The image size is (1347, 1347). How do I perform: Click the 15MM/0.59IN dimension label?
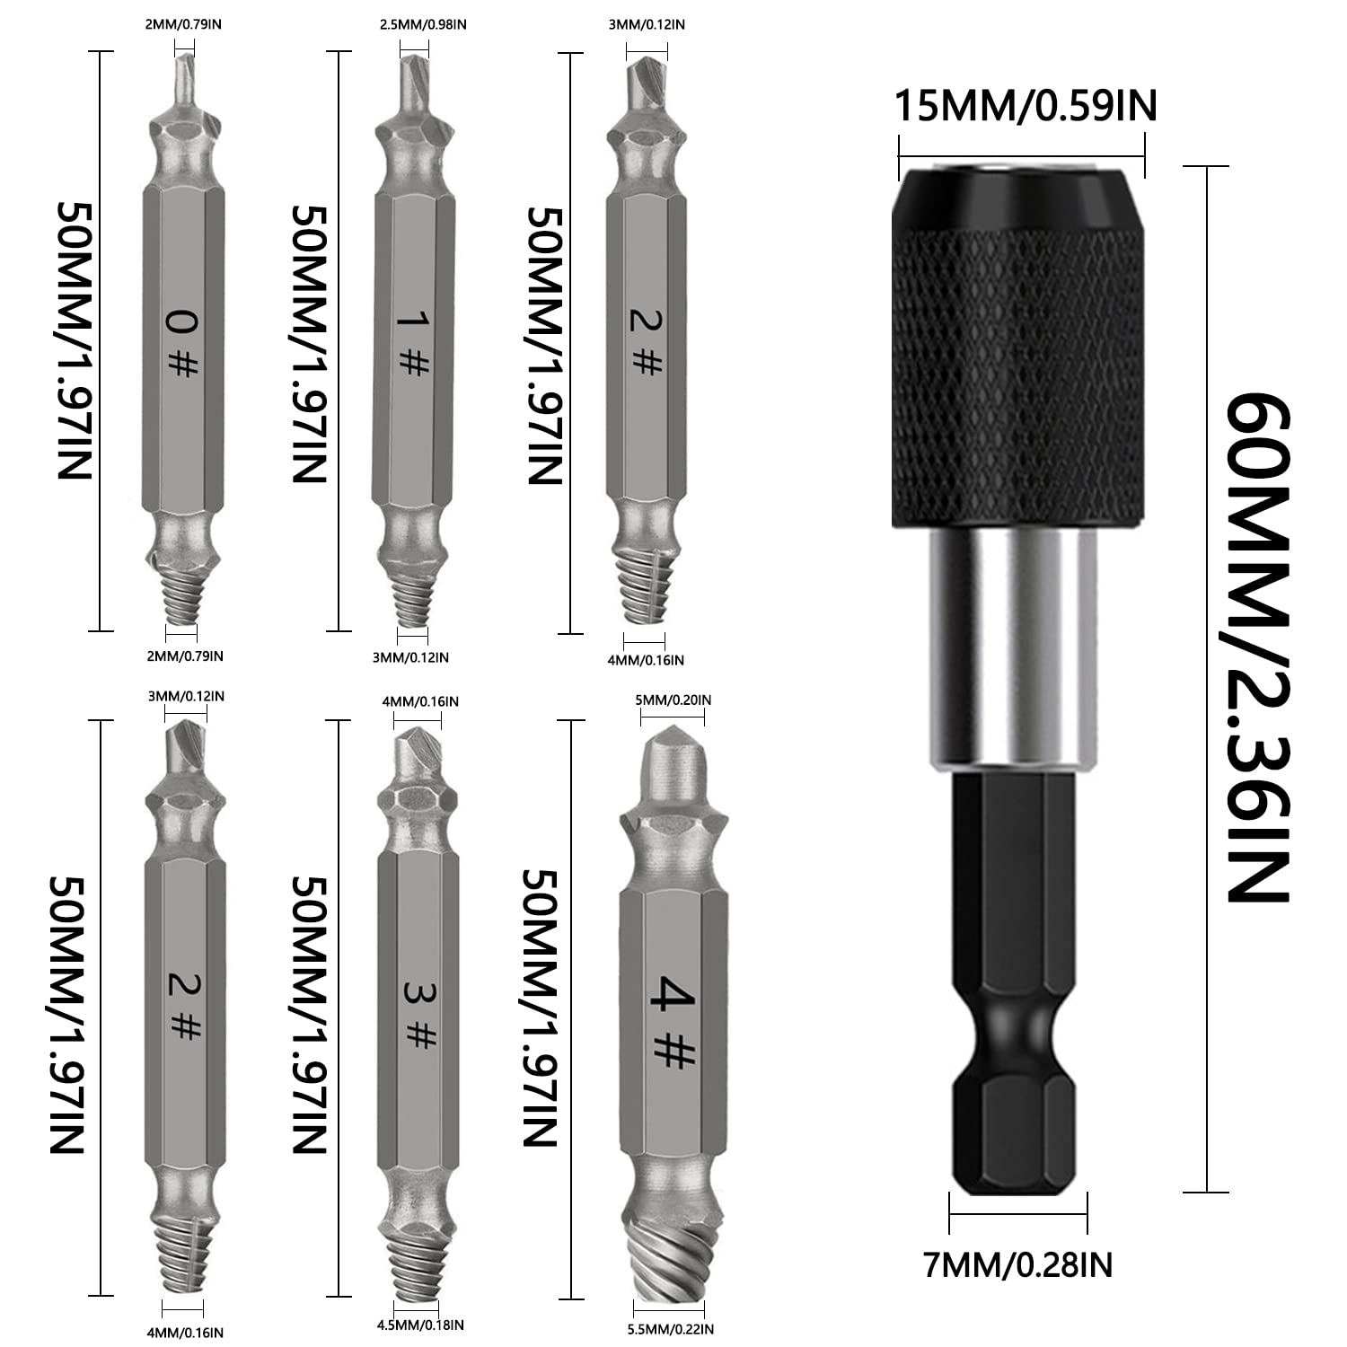(x=1025, y=106)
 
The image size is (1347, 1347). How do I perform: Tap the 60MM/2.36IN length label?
(x=1258, y=647)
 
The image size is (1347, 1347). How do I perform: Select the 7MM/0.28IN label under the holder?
(x=1017, y=1264)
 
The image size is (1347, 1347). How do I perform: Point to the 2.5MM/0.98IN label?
(x=423, y=25)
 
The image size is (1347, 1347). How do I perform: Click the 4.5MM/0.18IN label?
(x=421, y=1325)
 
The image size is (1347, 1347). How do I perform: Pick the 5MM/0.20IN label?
(x=673, y=700)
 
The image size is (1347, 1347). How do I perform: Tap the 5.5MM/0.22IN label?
(x=672, y=1328)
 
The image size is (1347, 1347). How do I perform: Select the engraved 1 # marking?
(x=411, y=342)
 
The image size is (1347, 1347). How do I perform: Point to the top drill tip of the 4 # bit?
(x=673, y=763)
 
